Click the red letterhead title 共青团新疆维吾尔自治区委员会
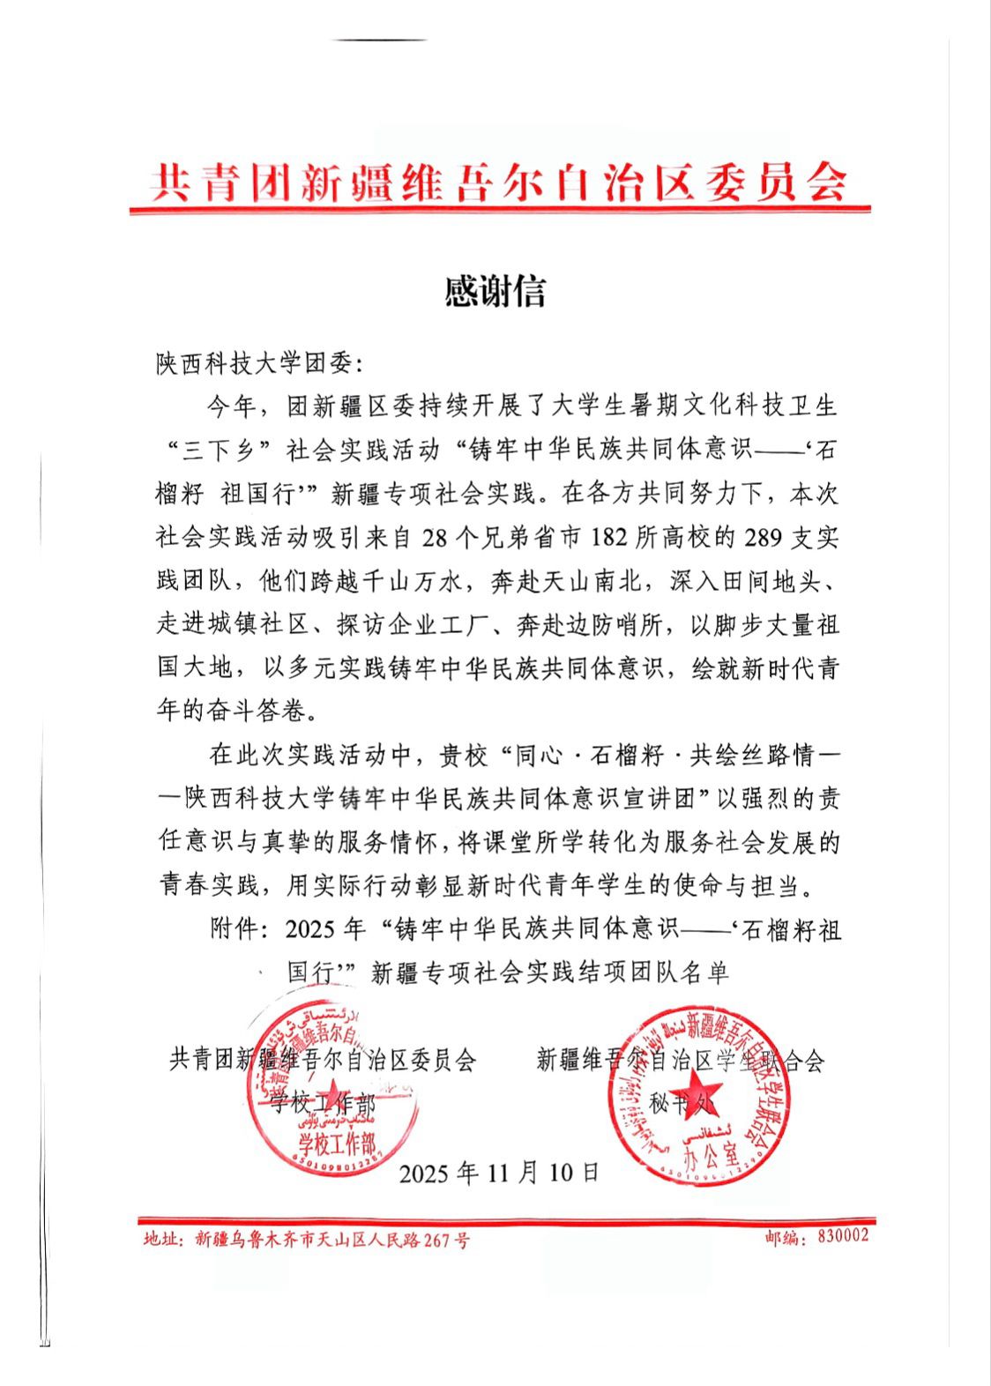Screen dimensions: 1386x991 (499, 183)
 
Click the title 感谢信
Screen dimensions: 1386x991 (495, 292)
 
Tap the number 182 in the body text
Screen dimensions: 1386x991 (611, 537)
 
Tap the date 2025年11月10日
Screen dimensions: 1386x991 (499, 1173)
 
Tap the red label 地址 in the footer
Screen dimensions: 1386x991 (163, 1241)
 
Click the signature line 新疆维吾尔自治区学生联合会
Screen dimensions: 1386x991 (680, 1060)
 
